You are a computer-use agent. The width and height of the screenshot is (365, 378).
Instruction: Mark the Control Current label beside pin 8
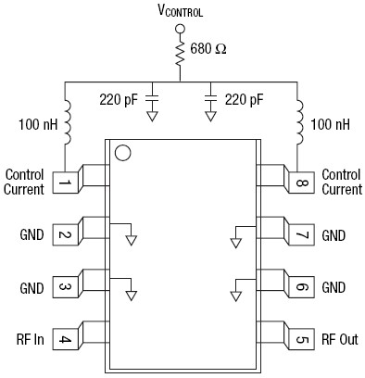tap(342, 182)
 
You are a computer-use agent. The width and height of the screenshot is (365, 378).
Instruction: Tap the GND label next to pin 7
tap(334, 235)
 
